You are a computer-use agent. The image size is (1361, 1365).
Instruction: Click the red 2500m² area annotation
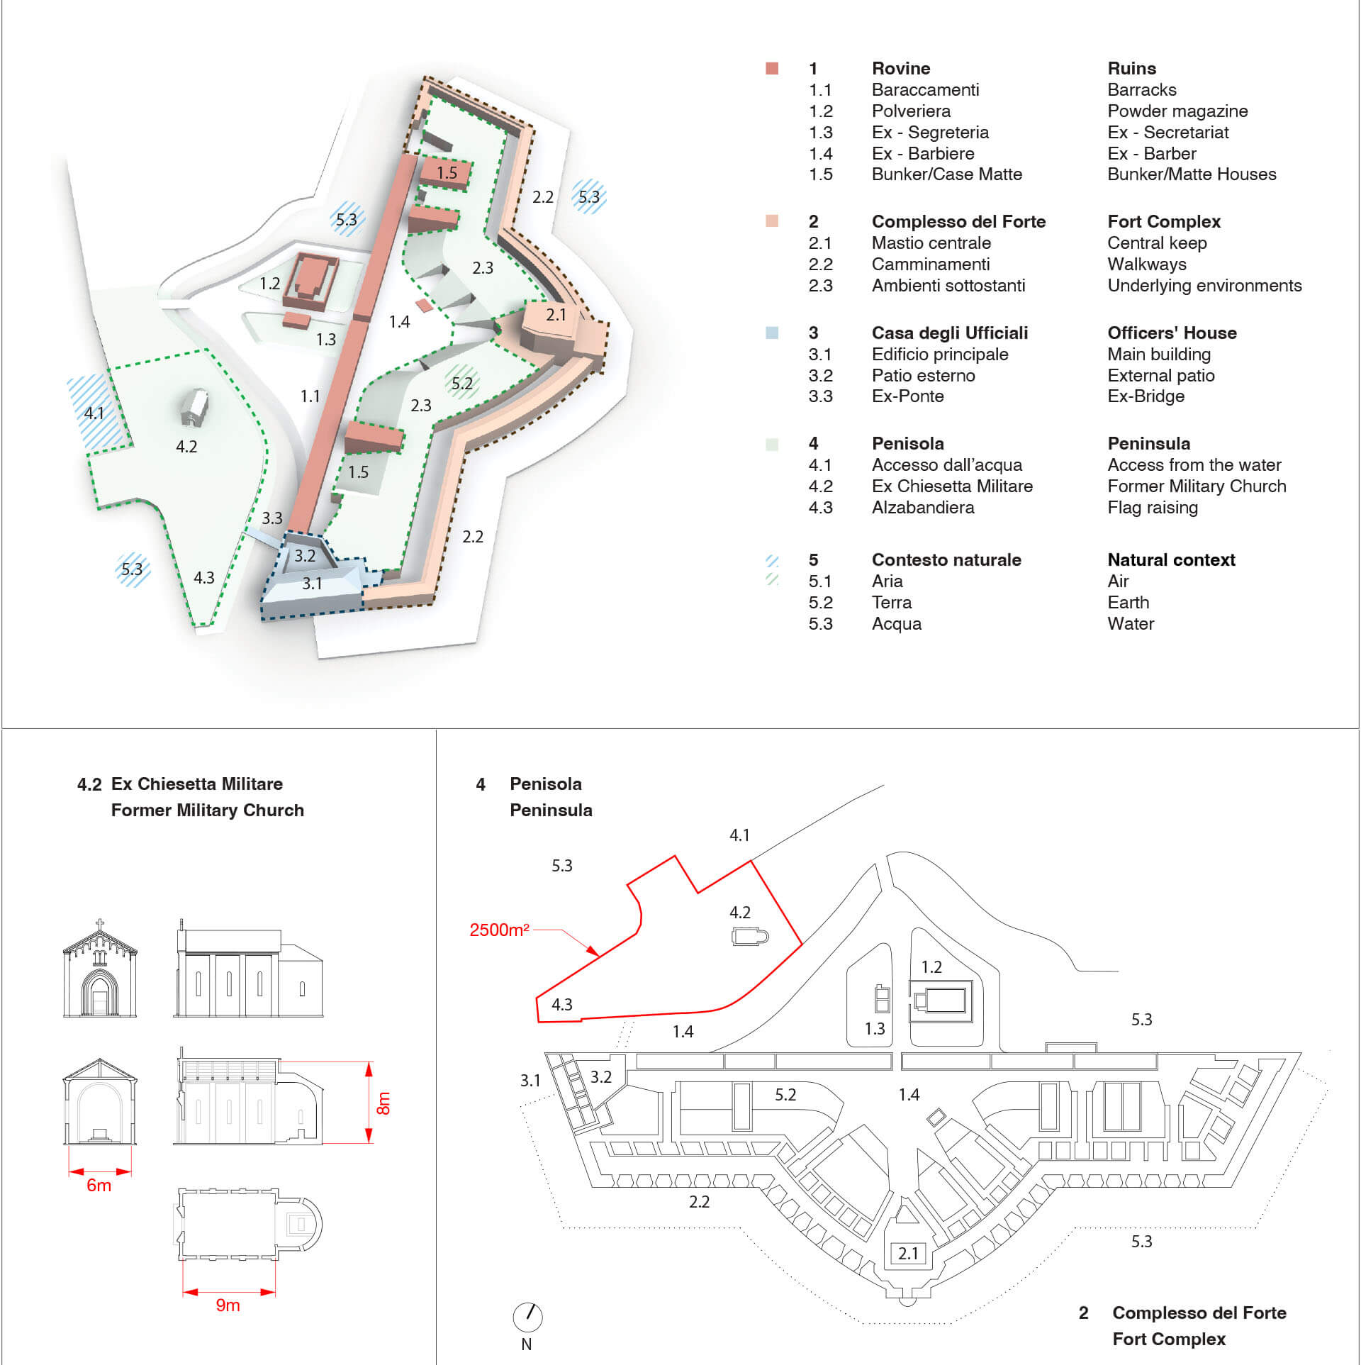pyautogui.click(x=499, y=930)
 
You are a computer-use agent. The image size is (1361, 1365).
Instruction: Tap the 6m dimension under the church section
pyautogui.click(x=99, y=1185)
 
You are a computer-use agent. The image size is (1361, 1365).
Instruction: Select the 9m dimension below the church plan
pyautogui.click(x=228, y=1305)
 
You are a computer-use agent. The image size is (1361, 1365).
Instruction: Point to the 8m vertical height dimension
pyautogui.click(x=383, y=1103)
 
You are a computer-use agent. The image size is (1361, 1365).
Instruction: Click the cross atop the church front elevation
pyautogui.click(x=100, y=925)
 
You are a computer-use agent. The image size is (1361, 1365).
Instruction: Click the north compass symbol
pyautogui.click(x=527, y=1317)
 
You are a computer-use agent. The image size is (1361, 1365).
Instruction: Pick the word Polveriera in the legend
pyautogui.click(x=911, y=111)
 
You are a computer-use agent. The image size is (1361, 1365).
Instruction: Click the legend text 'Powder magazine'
pyautogui.click(x=1177, y=111)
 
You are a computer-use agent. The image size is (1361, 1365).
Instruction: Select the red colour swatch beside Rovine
pyautogui.click(x=772, y=69)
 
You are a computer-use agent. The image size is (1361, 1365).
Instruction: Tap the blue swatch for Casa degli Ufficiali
pyautogui.click(x=772, y=333)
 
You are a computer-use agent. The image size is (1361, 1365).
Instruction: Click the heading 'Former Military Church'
pyautogui.click(x=207, y=810)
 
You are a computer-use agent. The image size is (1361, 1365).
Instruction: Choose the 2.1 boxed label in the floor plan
pyautogui.click(x=908, y=1253)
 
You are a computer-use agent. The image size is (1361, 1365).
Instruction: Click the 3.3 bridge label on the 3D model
pyautogui.click(x=272, y=518)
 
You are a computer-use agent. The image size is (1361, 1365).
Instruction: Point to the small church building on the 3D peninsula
pyautogui.click(x=194, y=407)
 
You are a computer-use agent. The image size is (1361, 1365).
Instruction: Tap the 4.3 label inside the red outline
pyautogui.click(x=562, y=1004)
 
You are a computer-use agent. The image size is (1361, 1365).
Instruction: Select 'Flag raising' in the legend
pyautogui.click(x=1153, y=508)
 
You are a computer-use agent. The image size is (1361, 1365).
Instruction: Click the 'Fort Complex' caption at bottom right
pyautogui.click(x=1169, y=1339)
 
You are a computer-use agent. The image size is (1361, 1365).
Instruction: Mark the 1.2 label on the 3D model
pyautogui.click(x=270, y=284)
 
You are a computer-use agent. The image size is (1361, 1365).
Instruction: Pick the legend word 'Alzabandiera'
pyautogui.click(x=923, y=508)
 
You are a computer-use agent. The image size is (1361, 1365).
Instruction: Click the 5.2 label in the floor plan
pyautogui.click(x=785, y=1094)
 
